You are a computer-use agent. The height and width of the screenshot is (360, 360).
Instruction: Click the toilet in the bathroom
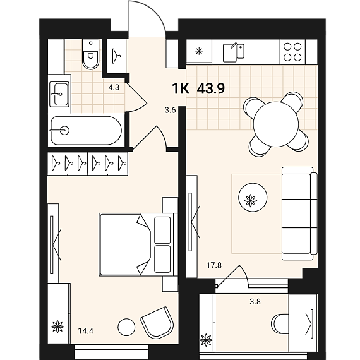pyautogui.click(x=91, y=54)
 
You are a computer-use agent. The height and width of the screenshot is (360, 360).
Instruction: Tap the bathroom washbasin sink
pyautogui.click(x=59, y=94)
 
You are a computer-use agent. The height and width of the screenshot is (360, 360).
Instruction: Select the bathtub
pyautogui.click(x=86, y=130)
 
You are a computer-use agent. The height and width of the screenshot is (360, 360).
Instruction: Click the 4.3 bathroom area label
pyautogui.click(x=114, y=88)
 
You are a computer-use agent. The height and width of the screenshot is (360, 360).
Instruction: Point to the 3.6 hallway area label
pyautogui.click(x=170, y=111)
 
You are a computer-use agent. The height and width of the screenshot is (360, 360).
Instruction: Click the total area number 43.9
pyautogui.click(x=211, y=88)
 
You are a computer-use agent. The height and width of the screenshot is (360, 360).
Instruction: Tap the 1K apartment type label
pyautogui.click(x=181, y=88)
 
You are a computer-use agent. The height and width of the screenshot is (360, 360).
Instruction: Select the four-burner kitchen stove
pyautogui.click(x=292, y=52)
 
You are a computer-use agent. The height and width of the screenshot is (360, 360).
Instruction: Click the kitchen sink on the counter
pyautogui.click(x=234, y=52)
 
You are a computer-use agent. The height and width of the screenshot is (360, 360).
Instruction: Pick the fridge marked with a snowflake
pyautogui.click(x=199, y=51)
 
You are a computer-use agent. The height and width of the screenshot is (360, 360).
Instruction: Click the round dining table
pyautogui.click(x=276, y=124)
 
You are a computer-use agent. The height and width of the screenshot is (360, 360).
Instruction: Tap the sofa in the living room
pyautogui.click(x=299, y=213)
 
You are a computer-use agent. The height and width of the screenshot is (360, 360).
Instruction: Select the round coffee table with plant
pyautogui.click(x=253, y=197)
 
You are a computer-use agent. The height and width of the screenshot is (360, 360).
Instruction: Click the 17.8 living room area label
pyautogui.click(x=214, y=265)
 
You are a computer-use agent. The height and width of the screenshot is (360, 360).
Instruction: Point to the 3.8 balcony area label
pyautogui.click(x=255, y=301)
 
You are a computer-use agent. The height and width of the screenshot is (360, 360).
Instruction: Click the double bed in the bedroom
pyautogui.click(x=138, y=244)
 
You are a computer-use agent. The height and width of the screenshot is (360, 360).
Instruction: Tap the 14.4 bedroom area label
pyautogui.click(x=86, y=331)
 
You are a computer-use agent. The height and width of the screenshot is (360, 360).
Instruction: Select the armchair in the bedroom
pyautogui.click(x=157, y=322)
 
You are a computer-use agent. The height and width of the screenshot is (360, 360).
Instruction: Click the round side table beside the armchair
pyautogui.click(x=126, y=327)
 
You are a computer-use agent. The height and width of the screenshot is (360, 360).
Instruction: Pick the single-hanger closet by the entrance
pyautogui.click(x=117, y=56)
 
